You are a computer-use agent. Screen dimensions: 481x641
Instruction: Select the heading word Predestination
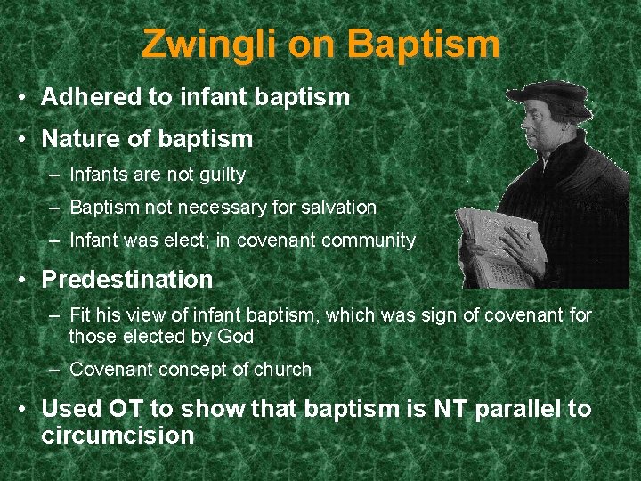point(127,280)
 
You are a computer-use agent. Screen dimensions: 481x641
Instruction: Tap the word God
point(235,337)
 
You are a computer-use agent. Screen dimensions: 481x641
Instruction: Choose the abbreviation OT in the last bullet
point(129,409)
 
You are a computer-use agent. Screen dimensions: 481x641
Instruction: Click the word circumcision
point(118,436)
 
